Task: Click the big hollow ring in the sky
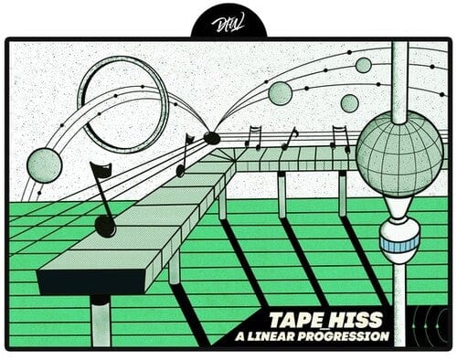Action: (123, 102)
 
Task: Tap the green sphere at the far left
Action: (44, 165)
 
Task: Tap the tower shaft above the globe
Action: (399, 82)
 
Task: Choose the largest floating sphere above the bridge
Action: (281, 92)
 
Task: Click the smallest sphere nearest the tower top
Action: (363, 65)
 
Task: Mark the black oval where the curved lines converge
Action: (212, 138)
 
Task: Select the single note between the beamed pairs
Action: (290, 138)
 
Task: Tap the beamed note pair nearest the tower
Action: (341, 138)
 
